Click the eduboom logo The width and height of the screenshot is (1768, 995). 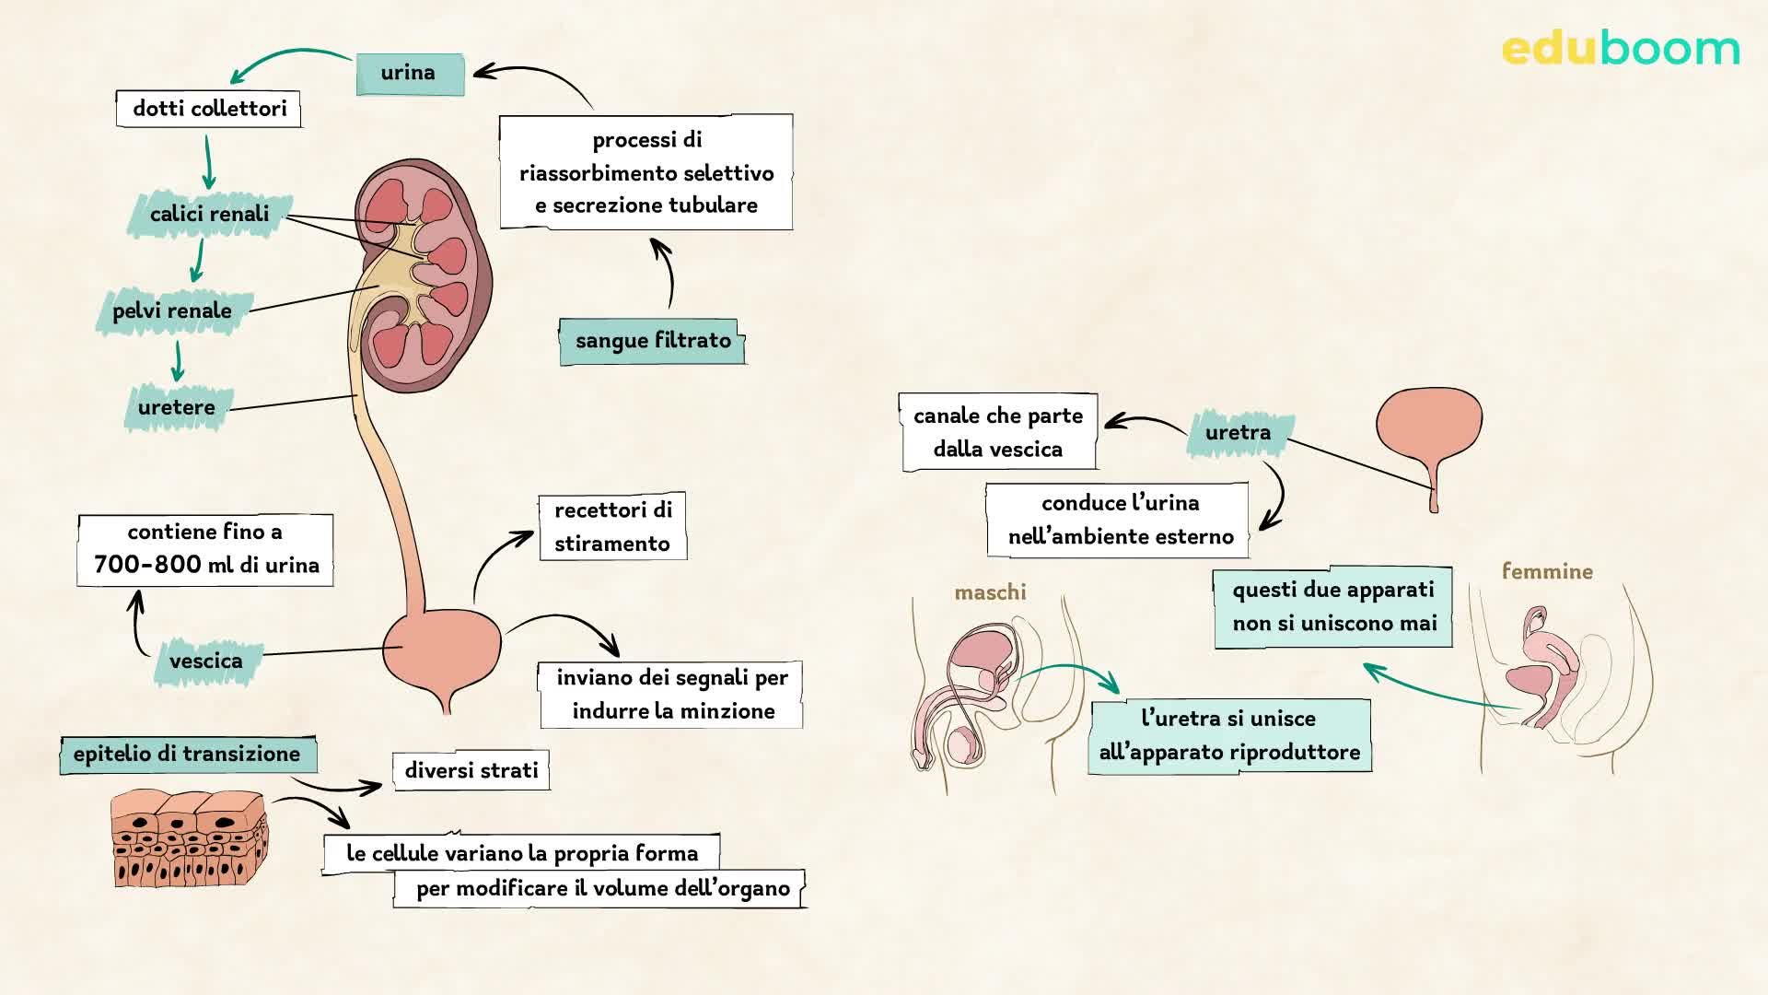pyautogui.click(x=1620, y=49)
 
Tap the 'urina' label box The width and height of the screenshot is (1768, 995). pyautogui.click(x=410, y=73)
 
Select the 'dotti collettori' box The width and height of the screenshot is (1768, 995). pyautogui.click(x=209, y=109)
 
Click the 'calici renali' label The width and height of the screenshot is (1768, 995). pyautogui.click(x=210, y=215)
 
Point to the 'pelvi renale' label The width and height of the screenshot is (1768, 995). pyautogui.click(x=172, y=311)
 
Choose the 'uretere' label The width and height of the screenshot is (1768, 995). pyautogui.click(x=177, y=408)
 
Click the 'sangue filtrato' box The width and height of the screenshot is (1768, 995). pyautogui.click(x=652, y=341)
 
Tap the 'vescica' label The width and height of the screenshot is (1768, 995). pyautogui.click(x=206, y=661)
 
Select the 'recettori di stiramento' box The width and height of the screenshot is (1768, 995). pyautogui.click(x=612, y=527)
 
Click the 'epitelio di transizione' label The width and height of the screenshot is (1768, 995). pyautogui.click(x=188, y=755)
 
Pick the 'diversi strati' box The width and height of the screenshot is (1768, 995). pyautogui.click(x=471, y=771)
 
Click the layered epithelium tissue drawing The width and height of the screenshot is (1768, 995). pyautogui.click(x=189, y=838)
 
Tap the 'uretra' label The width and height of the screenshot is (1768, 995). pyautogui.click(x=1239, y=433)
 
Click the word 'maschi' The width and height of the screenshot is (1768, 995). pyautogui.click(x=990, y=592)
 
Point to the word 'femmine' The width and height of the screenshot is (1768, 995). pyautogui.click(x=1547, y=571)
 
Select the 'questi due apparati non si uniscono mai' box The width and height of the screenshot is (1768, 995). pyautogui.click(x=1333, y=607)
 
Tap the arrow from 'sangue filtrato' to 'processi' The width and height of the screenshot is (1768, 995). pyautogui.click(x=665, y=272)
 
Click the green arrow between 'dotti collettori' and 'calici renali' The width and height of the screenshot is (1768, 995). pyautogui.click(x=208, y=162)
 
